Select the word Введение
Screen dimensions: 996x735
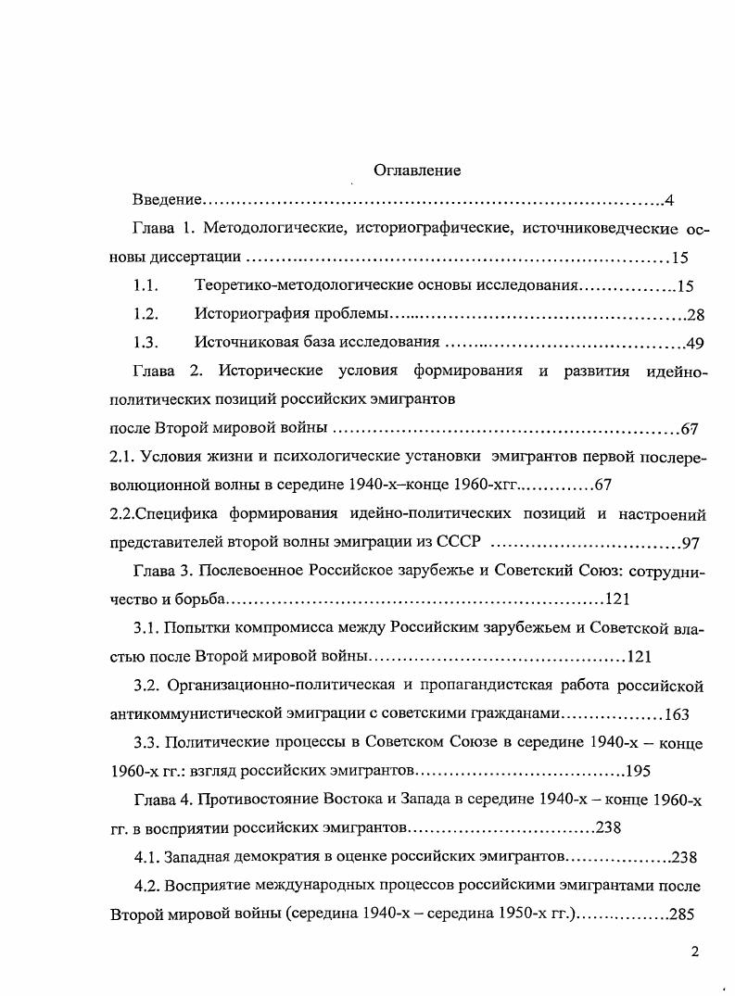pyautogui.click(x=166, y=200)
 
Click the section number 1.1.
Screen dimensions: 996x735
pyautogui.click(x=146, y=286)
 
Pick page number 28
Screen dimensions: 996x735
pyautogui.click(x=695, y=315)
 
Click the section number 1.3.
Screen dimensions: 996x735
pyautogui.click(x=146, y=344)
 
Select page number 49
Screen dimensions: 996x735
pyautogui.click(x=695, y=344)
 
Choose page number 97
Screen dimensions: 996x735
pyautogui.click(x=690, y=543)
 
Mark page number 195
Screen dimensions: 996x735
pyautogui.click(x=639, y=771)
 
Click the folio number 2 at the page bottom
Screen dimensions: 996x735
pyautogui.click(x=694, y=951)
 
